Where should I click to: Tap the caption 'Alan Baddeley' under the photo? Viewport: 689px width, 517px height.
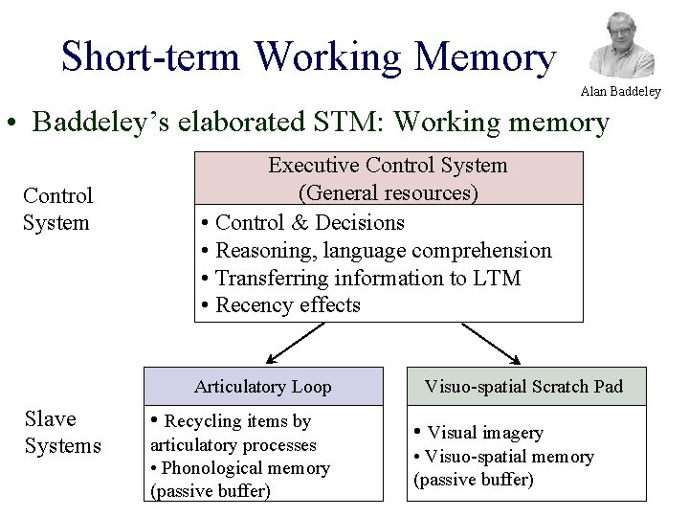[x=620, y=92]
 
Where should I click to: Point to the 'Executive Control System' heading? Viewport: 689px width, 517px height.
[x=388, y=166]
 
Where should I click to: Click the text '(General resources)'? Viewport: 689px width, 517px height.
[x=388, y=193]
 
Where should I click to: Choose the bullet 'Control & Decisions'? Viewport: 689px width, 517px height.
[x=309, y=223]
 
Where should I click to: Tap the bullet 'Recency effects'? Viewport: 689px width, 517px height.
[x=287, y=305]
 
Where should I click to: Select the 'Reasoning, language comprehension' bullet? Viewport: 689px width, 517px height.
[x=383, y=251]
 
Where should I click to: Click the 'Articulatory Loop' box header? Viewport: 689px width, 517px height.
[x=263, y=387]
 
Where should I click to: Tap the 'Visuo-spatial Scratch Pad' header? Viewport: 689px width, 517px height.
[x=523, y=387]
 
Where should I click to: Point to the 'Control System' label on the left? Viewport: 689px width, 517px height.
[x=57, y=210]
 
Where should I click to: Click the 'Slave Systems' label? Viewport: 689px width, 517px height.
[x=62, y=433]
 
